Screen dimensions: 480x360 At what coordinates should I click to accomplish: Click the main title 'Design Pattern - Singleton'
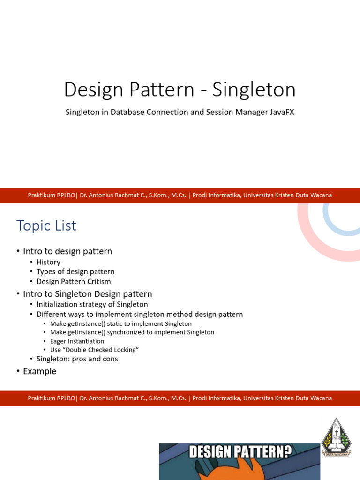point(180,90)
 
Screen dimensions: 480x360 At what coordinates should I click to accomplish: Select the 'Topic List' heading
point(46,226)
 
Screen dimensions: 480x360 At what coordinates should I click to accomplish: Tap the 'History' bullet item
point(48,262)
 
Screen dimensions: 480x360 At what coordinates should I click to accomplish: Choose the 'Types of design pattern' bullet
point(75,272)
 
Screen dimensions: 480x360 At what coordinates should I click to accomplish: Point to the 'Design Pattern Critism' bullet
point(74,282)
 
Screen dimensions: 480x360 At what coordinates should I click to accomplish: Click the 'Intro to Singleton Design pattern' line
point(87,294)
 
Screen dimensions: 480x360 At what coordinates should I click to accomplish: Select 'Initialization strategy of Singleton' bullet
point(92,304)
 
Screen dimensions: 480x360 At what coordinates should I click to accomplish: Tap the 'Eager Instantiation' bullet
point(77,341)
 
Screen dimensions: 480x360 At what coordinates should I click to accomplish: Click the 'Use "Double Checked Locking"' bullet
point(94,350)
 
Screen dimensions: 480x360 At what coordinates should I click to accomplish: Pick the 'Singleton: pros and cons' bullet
point(77,359)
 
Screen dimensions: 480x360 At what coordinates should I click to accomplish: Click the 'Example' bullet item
point(39,371)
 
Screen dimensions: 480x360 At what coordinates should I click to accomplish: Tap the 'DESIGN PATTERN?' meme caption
point(240,452)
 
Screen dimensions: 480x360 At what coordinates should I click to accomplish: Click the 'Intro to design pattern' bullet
point(67,251)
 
